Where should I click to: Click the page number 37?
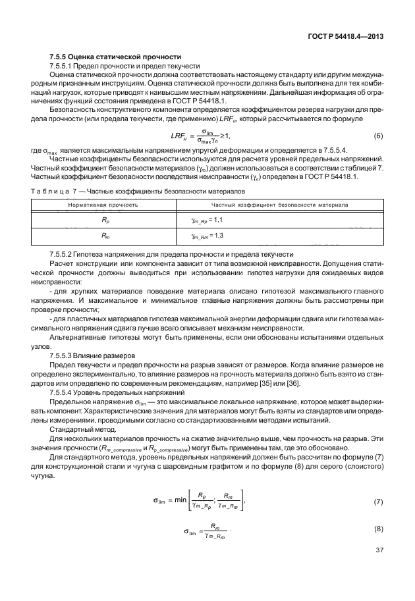378,568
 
